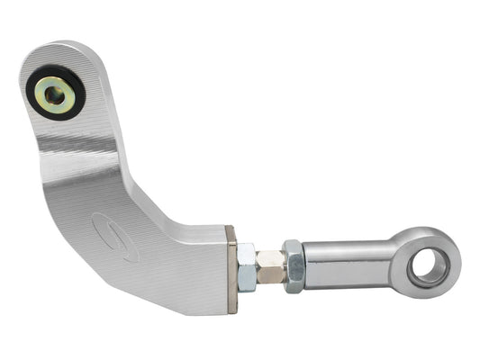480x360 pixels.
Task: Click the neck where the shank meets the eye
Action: point(396,262)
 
